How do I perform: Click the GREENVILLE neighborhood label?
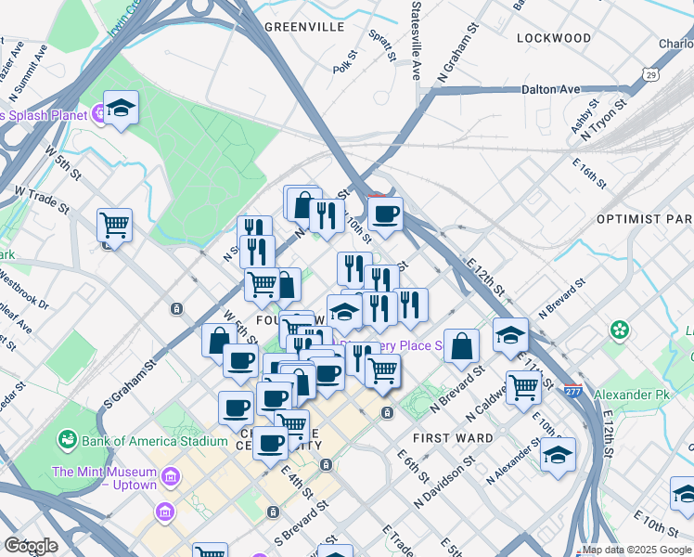point(304,27)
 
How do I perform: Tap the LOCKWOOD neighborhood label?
point(554,38)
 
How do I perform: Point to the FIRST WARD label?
point(444,436)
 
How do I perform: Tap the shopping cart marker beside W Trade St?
point(114,223)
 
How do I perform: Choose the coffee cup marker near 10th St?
point(385,214)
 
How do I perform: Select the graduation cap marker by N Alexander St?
point(557,455)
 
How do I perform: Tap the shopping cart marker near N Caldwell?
point(523,387)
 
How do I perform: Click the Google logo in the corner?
point(31,546)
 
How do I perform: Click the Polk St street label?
point(344,66)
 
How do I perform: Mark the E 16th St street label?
point(588,173)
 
